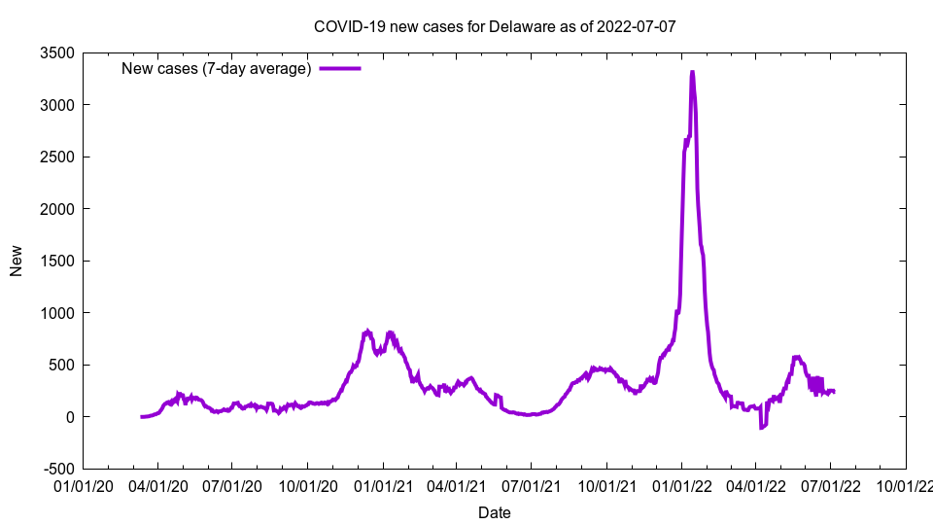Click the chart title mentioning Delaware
click(495, 26)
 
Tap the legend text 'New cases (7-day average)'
click(216, 68)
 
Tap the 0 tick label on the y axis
click(70, 417)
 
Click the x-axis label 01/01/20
click(83, 484)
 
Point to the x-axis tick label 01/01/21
click(383, 484)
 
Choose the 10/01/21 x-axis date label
click(606, 484)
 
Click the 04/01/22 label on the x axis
click(756, 484)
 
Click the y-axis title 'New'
click(17, 261)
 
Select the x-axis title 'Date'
click(495, 512)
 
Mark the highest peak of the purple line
click(692, 73)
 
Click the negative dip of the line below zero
click(761, 428)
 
